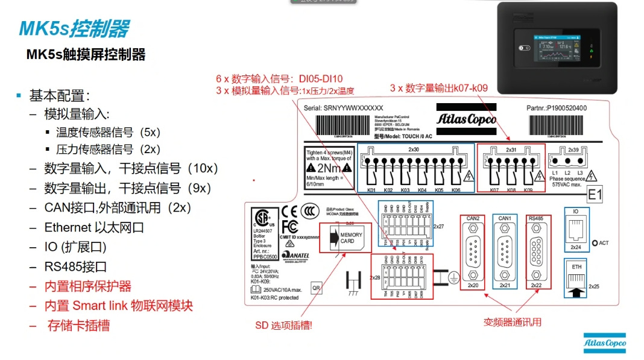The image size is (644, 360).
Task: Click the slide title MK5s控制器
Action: click(x=74, y=28)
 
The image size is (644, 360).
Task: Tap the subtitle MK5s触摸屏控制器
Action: click(x=86, y=55)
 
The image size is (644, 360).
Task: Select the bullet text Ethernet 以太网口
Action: click(x=94, y=227)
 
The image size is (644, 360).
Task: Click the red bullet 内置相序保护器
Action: click(x=88, y=286)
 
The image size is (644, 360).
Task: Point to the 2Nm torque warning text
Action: click(x=324, y=168)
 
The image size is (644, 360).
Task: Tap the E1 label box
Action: click(x=595, y=195)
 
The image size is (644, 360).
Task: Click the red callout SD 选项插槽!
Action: click(x=283, y=326)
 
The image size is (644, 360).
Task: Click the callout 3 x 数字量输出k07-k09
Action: click(x=438, y=88)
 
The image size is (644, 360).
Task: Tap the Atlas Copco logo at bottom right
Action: click(x=604, y=343)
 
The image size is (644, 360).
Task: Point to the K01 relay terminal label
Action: click(x=371, y=190)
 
